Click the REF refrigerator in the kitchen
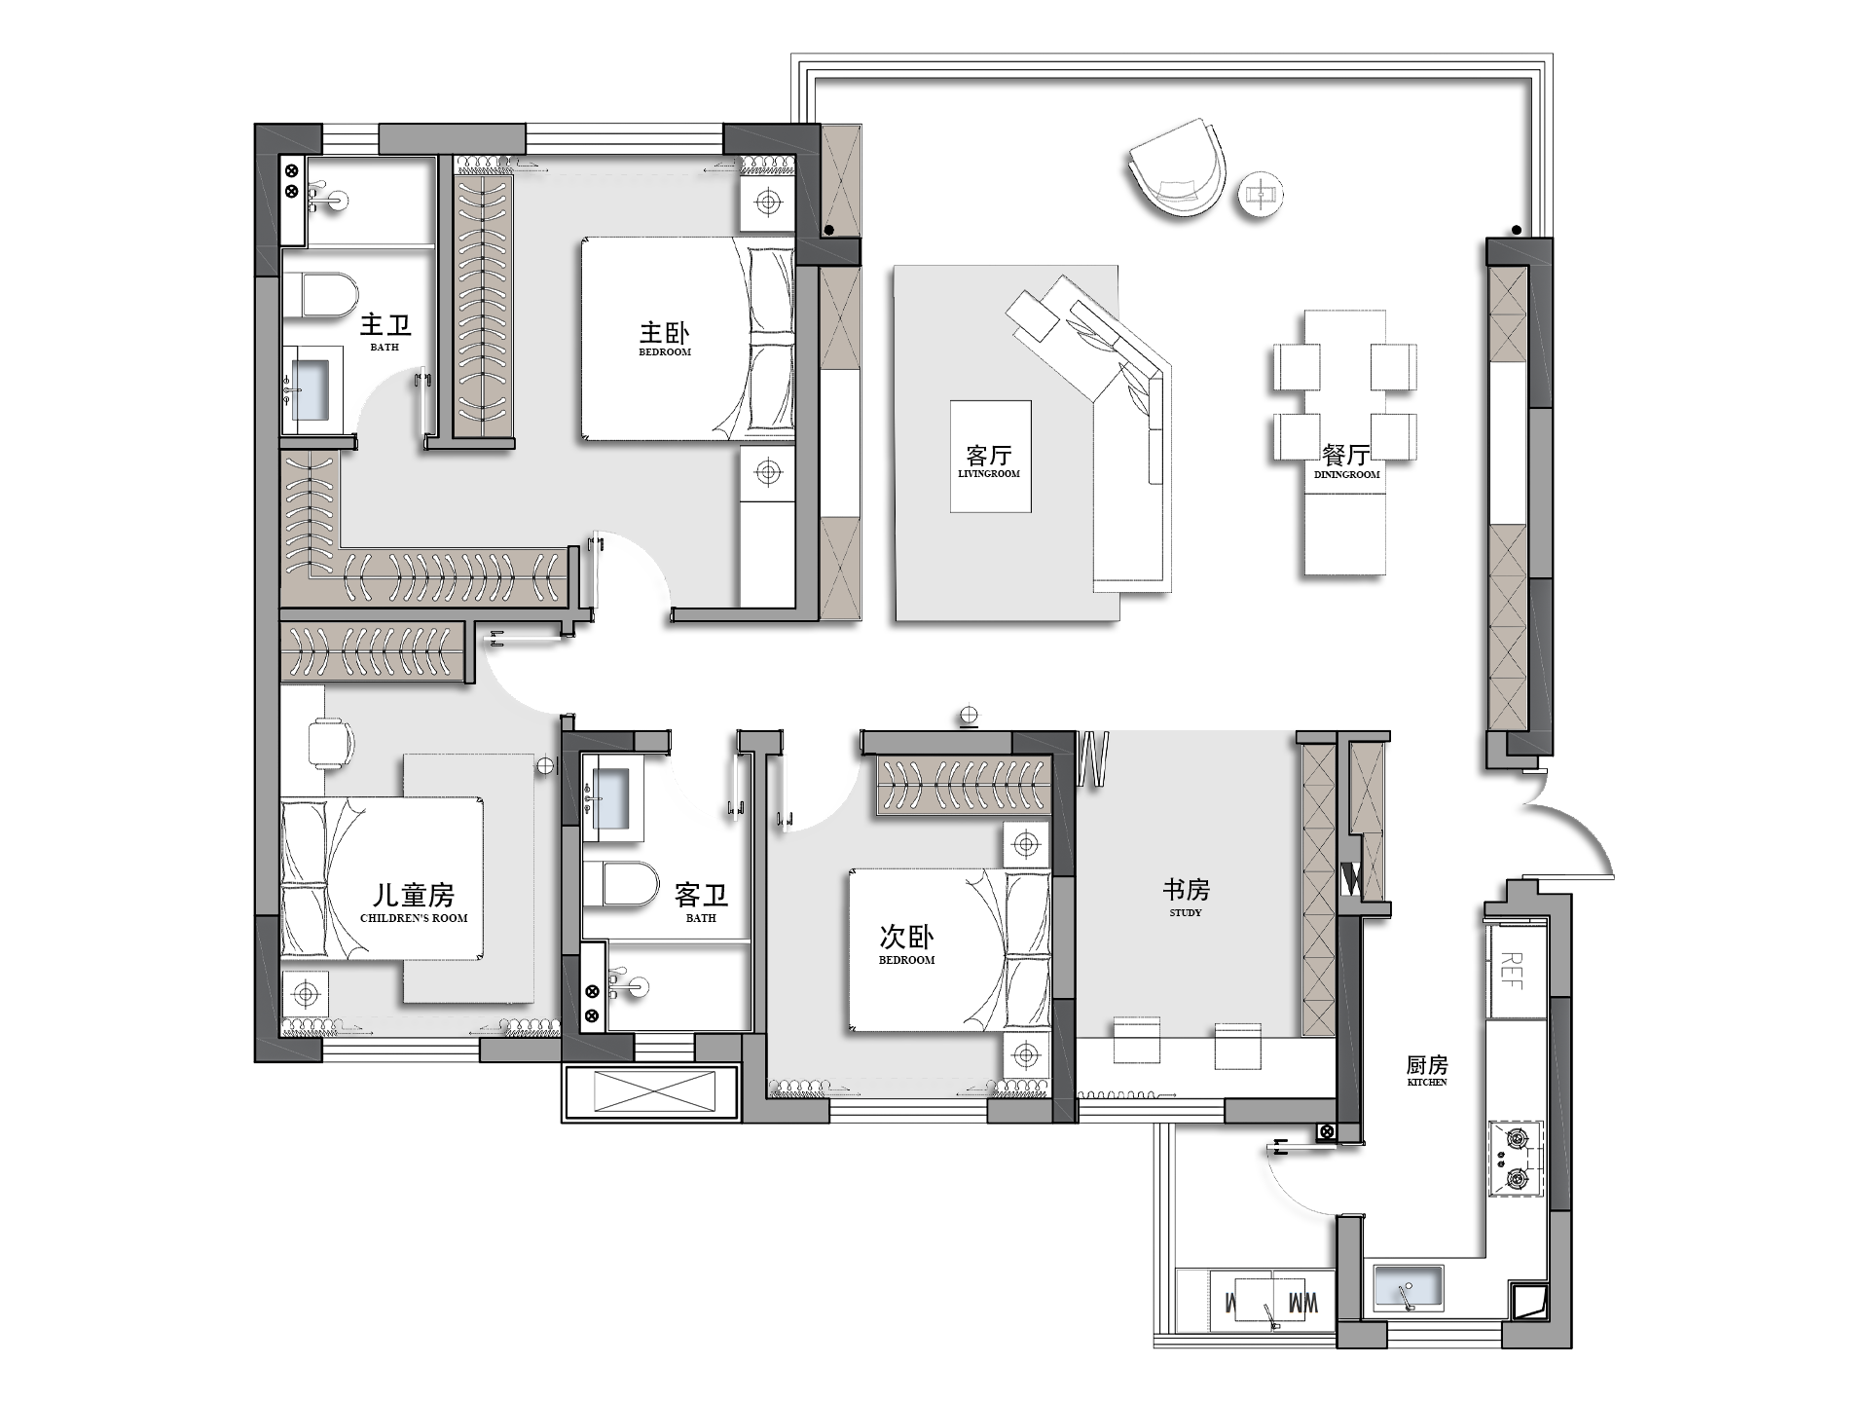point(1514,970)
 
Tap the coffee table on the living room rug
point(991,456)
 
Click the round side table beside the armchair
point(1261,195)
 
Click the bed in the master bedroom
point(686,339)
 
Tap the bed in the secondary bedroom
point(949,950)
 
